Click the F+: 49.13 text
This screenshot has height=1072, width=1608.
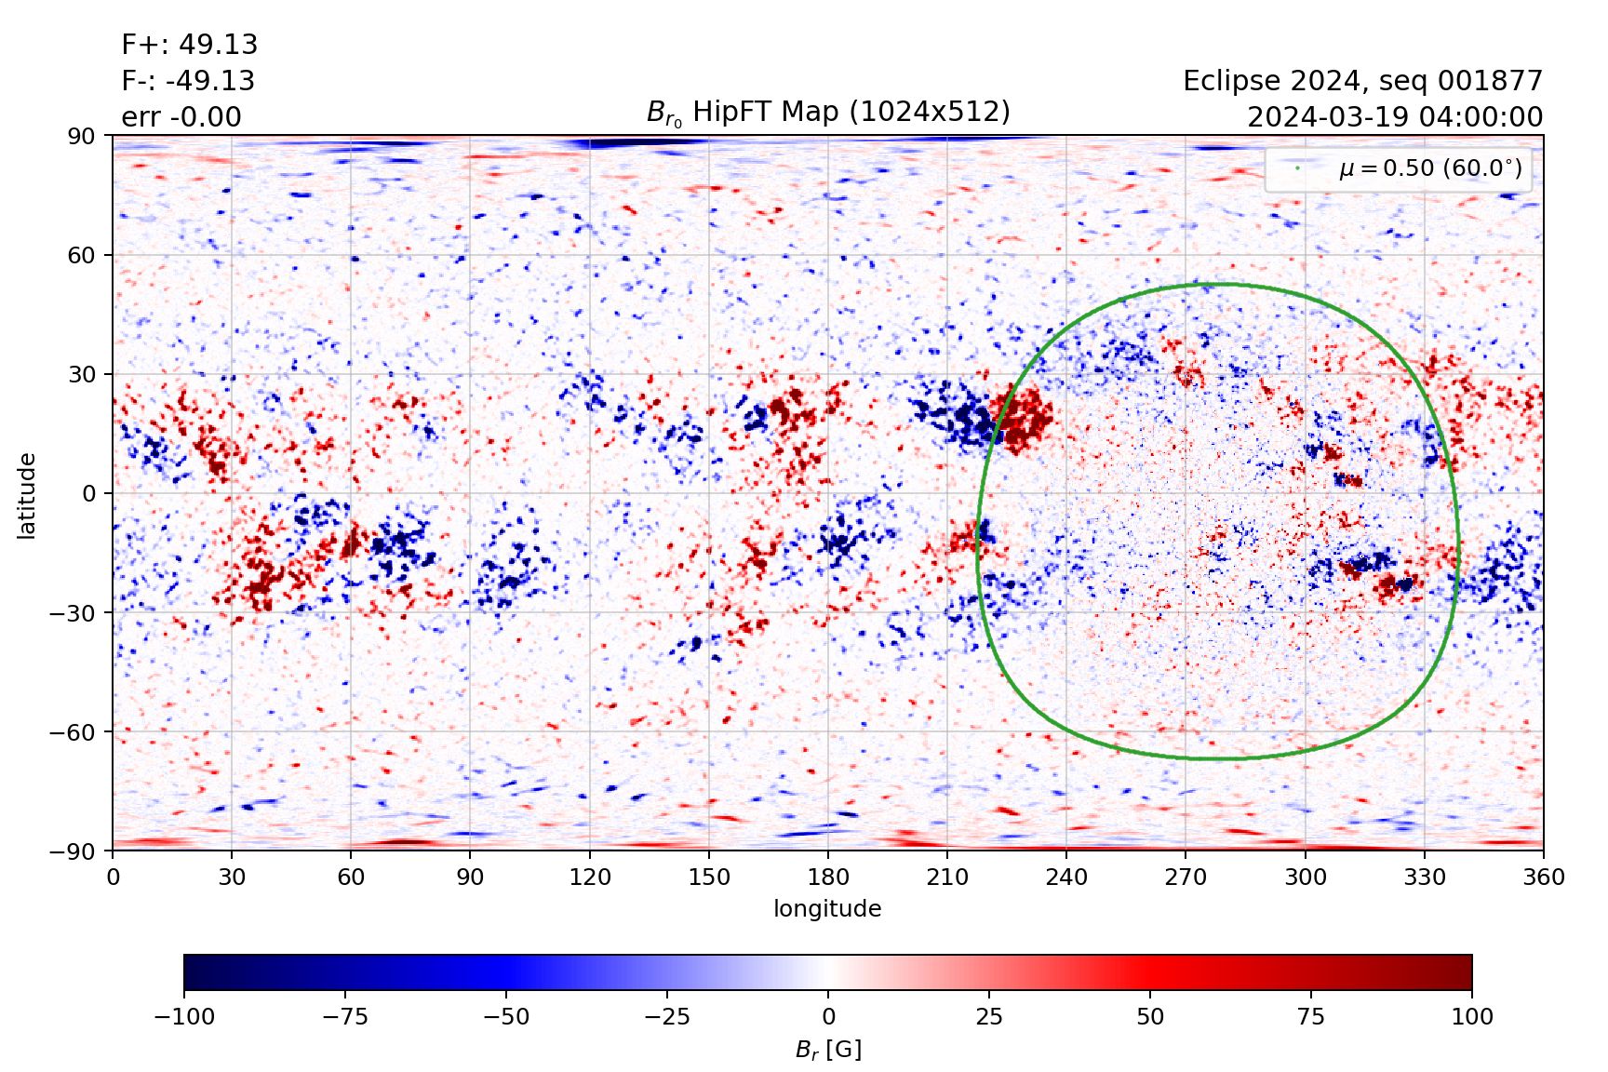pos(190,45)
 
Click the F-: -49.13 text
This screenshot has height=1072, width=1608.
pos(188,81)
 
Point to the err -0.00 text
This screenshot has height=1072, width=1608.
pos(181,117)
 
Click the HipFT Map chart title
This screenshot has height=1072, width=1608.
pos(827,112)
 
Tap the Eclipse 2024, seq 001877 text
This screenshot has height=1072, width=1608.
pos(1362,81)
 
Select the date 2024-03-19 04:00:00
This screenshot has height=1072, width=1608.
pos(1394,117)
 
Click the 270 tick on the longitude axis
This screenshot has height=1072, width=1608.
pos(1186,877)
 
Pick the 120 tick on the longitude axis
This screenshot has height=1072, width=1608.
pos(590,877)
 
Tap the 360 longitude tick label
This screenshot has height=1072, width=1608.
pos(1544,877)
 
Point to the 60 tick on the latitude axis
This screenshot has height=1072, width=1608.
pos(82,255)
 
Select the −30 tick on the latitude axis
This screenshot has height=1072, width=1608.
pos(74,612)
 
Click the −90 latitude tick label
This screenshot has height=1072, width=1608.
pos(74,851)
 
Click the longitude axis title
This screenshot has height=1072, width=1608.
pos(827,908)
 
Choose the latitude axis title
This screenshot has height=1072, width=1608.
pos(27,495)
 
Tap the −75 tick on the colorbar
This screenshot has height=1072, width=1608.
pos(344,1016)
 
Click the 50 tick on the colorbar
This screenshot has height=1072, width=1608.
pos(1150,1016)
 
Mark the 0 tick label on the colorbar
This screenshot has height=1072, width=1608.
pos(828,1016)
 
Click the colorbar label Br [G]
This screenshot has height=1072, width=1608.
pos(827,1050)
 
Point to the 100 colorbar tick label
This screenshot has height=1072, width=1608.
pos(1471,1016)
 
